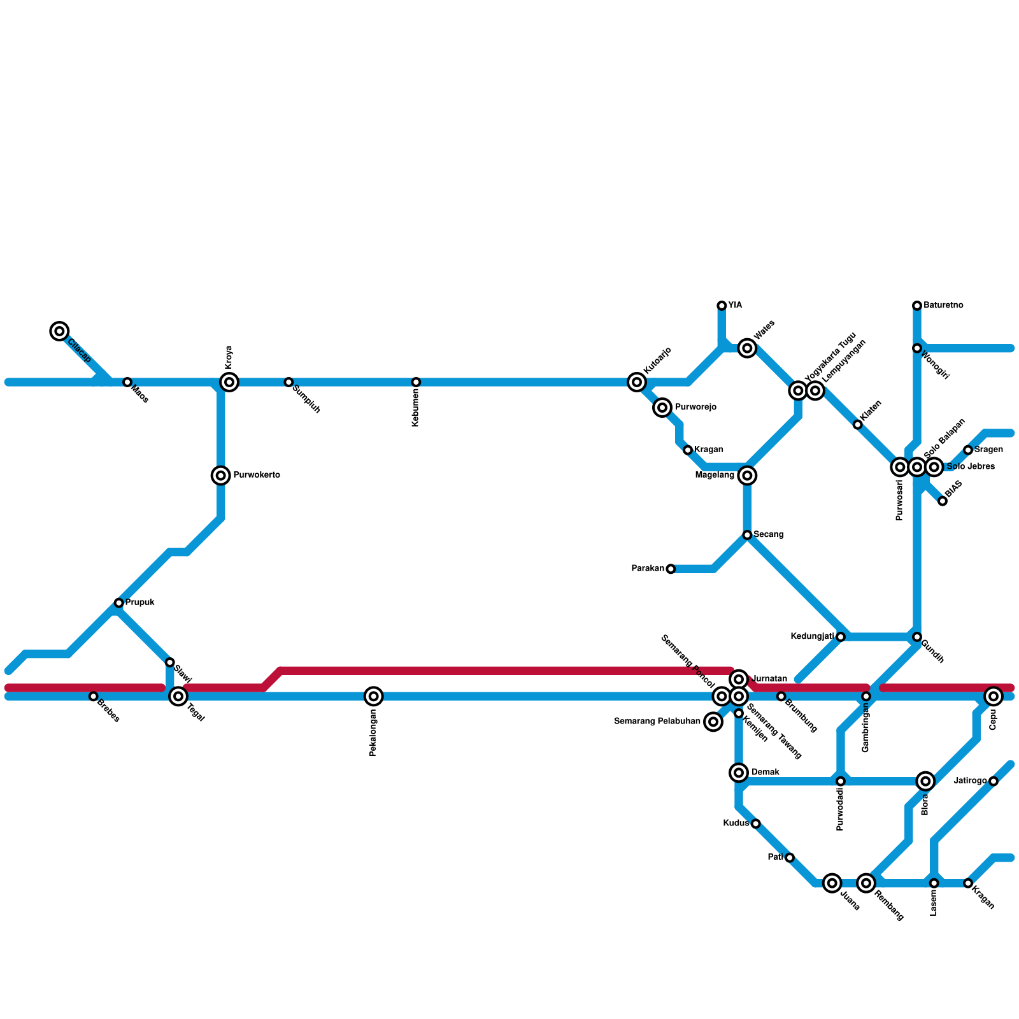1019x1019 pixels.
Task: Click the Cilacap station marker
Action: point(59,331)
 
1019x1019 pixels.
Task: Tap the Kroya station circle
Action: point(229,382)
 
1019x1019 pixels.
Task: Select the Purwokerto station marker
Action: point(221,475)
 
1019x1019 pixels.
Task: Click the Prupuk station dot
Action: point(119,602)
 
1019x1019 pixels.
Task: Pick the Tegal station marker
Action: point(179,696)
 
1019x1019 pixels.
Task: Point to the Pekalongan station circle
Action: point(374,696)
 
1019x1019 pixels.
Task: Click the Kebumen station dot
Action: point(416,382)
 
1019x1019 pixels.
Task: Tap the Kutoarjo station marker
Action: point(637,382)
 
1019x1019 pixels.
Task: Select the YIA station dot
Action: point(722,306)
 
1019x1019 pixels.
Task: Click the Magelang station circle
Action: point(748,475)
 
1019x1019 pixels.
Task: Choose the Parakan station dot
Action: point(671,569)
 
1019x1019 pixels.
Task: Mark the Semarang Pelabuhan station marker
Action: point(714,722)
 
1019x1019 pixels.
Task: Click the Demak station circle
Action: point(739,773)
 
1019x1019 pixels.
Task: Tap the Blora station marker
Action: point(926,781)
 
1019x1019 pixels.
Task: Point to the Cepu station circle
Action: point(994,696)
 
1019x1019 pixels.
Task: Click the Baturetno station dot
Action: point(917,306)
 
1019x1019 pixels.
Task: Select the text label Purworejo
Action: point(695,407)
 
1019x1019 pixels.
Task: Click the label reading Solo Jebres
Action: point(971,467)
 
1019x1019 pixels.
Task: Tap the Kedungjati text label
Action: point(812,636)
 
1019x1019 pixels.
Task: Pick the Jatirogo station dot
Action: point(994,781)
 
